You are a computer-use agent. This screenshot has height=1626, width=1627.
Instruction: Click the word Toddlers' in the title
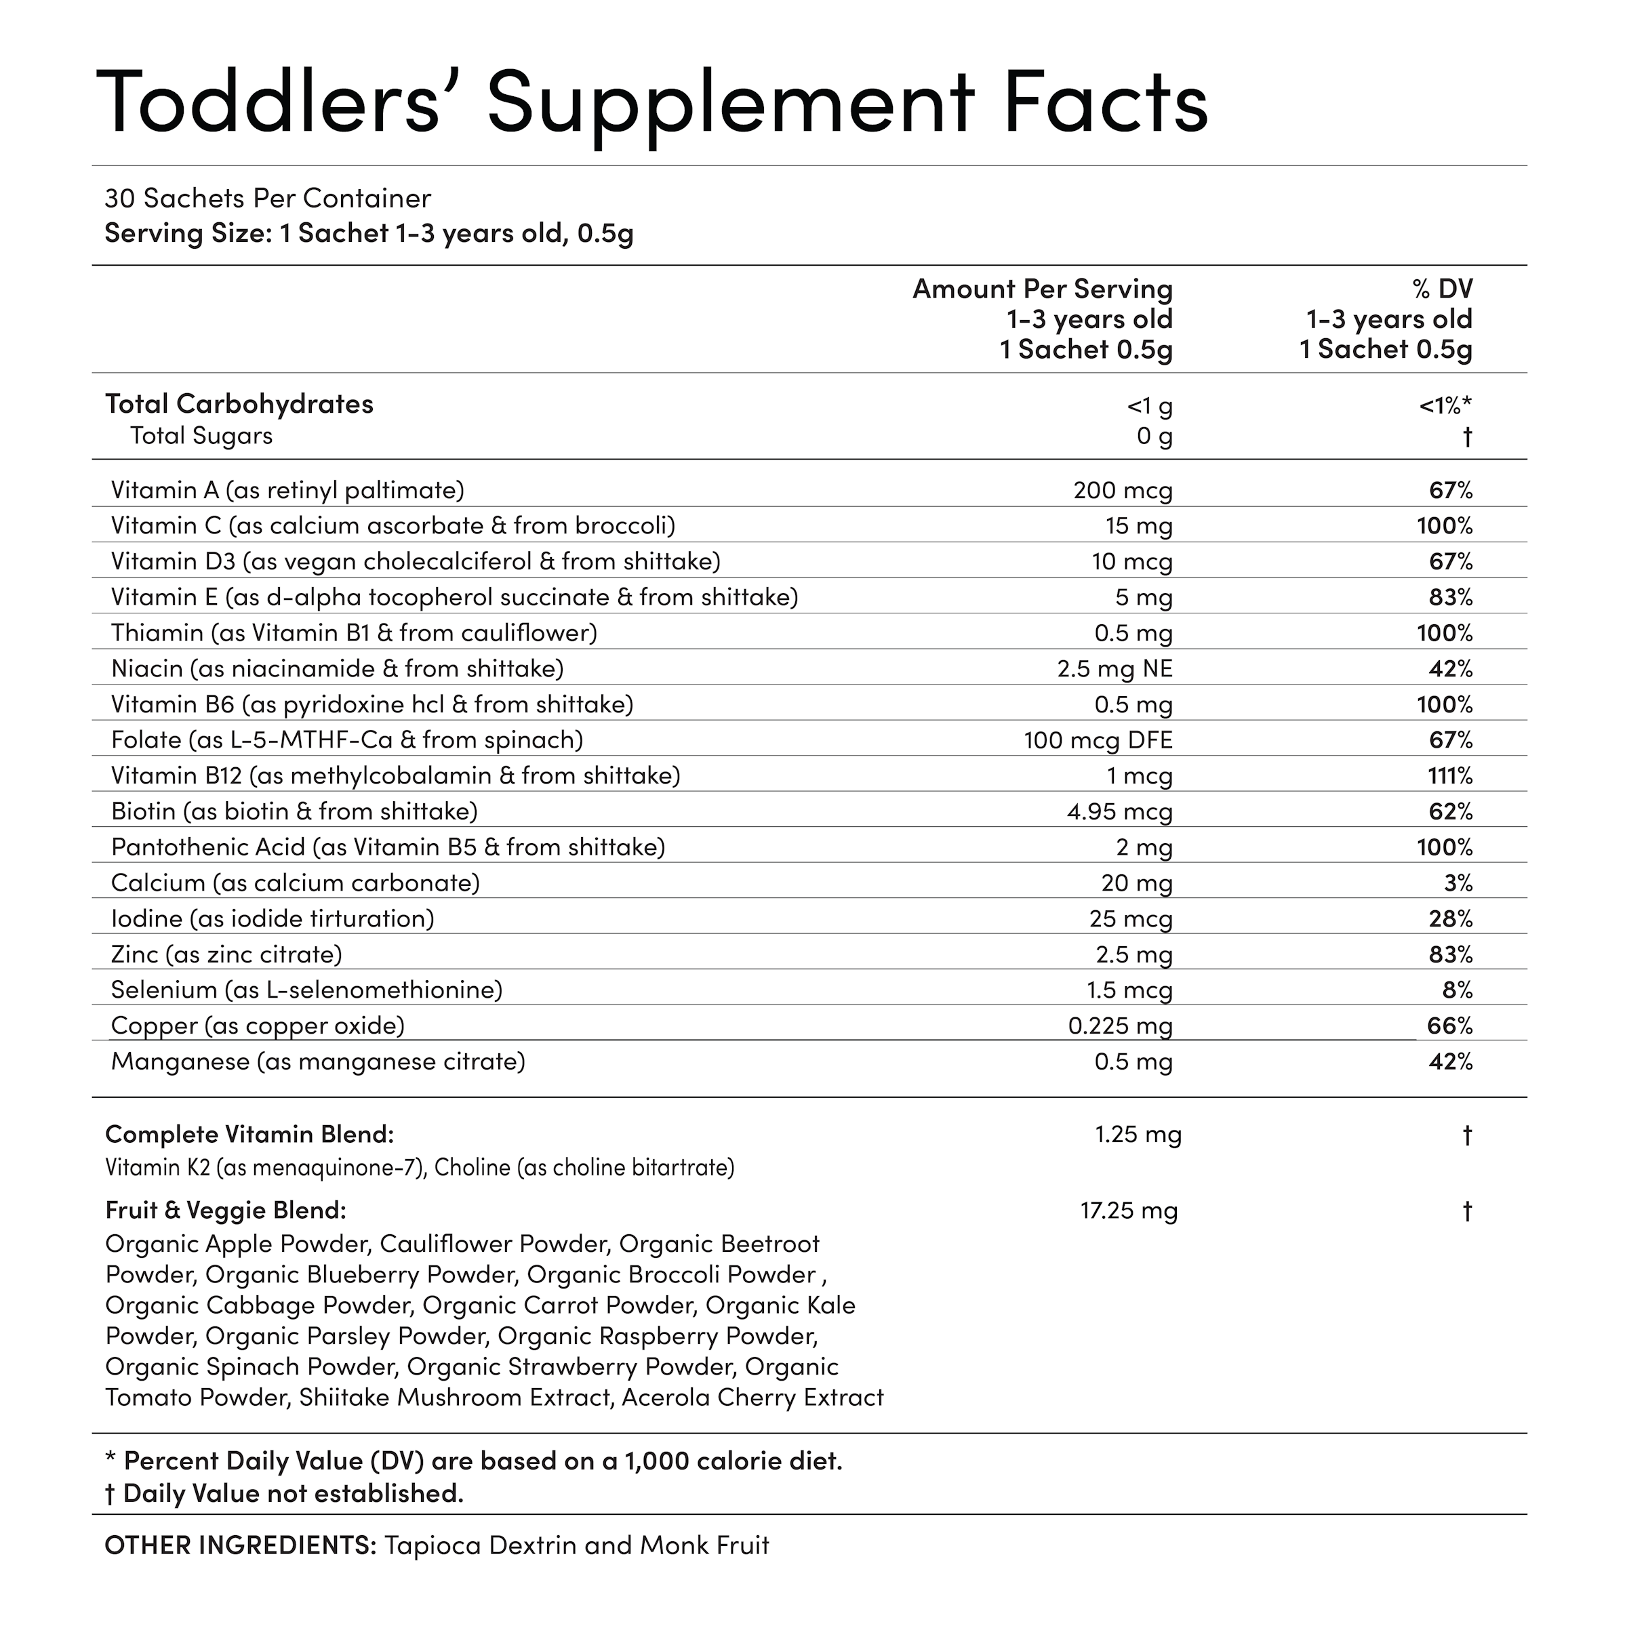268,103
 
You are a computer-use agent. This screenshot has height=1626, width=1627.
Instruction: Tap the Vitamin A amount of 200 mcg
1123,490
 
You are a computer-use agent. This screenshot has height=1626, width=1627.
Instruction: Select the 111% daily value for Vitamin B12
1450,775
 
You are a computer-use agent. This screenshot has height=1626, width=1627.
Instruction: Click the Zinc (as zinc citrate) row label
226,954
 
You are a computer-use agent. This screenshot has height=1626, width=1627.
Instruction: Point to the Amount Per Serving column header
1043,289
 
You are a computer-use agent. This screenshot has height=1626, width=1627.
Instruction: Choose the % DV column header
1443,289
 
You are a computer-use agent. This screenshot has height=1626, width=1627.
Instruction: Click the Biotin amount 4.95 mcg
1119,812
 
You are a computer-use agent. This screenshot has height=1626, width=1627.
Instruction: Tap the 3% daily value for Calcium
1458,882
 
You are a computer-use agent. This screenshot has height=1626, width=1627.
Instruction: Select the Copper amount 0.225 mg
1120,1025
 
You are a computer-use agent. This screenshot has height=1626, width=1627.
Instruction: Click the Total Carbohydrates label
239,404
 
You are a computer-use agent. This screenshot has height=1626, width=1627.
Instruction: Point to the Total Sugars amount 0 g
1154,436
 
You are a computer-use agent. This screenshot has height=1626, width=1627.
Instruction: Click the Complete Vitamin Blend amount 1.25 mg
1138,1134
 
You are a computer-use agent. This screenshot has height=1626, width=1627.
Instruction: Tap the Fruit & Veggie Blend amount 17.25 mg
1129,1211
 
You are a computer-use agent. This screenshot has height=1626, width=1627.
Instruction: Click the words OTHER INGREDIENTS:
240,1545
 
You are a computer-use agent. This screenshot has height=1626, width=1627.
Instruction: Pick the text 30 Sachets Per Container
268,199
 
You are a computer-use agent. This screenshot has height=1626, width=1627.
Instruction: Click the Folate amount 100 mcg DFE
1098,740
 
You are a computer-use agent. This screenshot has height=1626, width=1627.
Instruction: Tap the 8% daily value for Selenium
1458,990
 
